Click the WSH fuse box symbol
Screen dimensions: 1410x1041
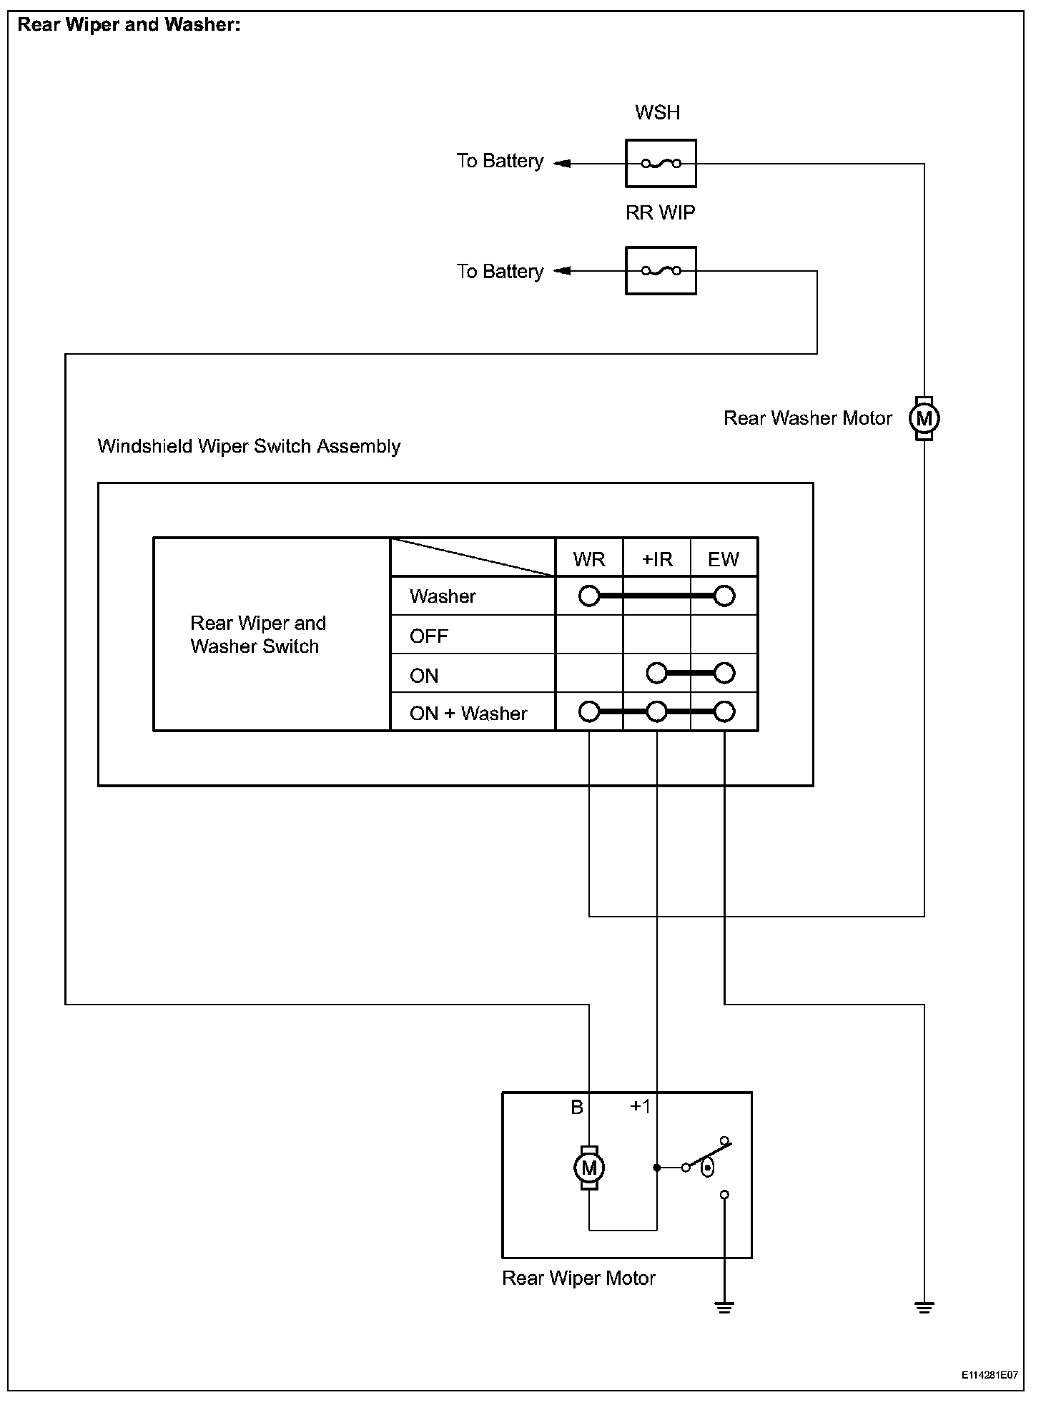click(x=660, y=164)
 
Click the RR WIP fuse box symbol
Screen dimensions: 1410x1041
click(x=660, y=271)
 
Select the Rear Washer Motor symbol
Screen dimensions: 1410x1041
click(x=924, y=418)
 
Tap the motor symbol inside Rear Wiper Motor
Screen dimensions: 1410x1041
click(x=589, y=1168)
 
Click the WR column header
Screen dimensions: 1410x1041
click(x=589, y=559)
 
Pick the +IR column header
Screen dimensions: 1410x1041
click(x=657, y=559)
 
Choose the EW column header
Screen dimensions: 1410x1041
click(x=724, y=559)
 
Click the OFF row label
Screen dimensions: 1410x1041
click(x=429, y=636)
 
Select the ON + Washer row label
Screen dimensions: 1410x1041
click(x=468, y=713)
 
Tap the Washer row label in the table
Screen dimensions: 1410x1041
click(x=443, y=596)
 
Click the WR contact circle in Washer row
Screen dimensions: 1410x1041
click(x=589, y=596)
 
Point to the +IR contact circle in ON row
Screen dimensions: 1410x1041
click(x=656, y=674)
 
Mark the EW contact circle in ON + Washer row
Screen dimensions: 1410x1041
click(x=724, y=712)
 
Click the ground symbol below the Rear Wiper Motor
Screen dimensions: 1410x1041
click(x=724, y=1308)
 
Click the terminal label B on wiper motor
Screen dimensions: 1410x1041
click(x=577, y=1108)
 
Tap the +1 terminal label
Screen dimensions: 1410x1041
click(x=640, y=1107)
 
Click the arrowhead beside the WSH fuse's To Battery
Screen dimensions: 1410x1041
click(x=562, y=164)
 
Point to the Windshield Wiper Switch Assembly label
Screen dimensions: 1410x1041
click(x=249, y=446)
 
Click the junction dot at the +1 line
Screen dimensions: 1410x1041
click(x=657, y=1168)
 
